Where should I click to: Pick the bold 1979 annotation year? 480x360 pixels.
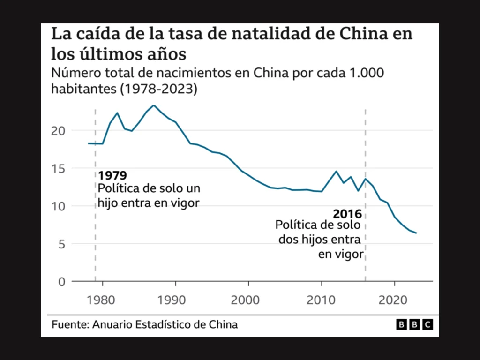tap(112, 176)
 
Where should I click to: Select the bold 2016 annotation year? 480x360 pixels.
tap(347, 214)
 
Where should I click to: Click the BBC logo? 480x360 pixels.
tap(414, 324)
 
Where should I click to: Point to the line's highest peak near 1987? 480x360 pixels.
tap(154, 105)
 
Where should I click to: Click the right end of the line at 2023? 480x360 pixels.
tap(416, 233)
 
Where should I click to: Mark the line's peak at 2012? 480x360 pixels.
tap(336, 171)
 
